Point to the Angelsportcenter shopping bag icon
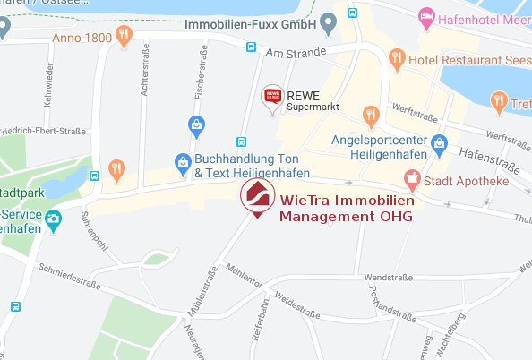click(439, 142)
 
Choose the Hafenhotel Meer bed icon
click(427, 17)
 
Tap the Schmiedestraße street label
click(65, 274)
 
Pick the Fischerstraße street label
click(202, 83)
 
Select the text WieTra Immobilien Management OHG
click(347, 208)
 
